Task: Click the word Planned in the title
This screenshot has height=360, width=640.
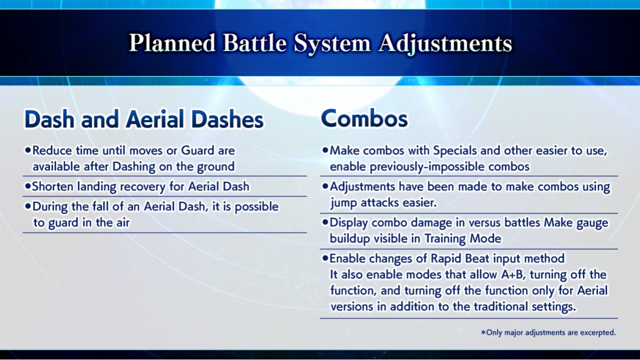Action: (172, 43)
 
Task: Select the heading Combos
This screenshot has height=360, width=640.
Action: (364, 118)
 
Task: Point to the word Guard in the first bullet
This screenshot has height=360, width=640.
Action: (197, 150)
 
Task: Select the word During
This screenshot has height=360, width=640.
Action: (50, 207)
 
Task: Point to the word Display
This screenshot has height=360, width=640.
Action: (349, 223)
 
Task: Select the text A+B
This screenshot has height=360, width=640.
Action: (513, 274)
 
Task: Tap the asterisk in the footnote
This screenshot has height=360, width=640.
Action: (483, 332)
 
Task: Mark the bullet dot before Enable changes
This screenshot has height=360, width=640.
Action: (325, 258)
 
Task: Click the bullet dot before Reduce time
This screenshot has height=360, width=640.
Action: (27, 150)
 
